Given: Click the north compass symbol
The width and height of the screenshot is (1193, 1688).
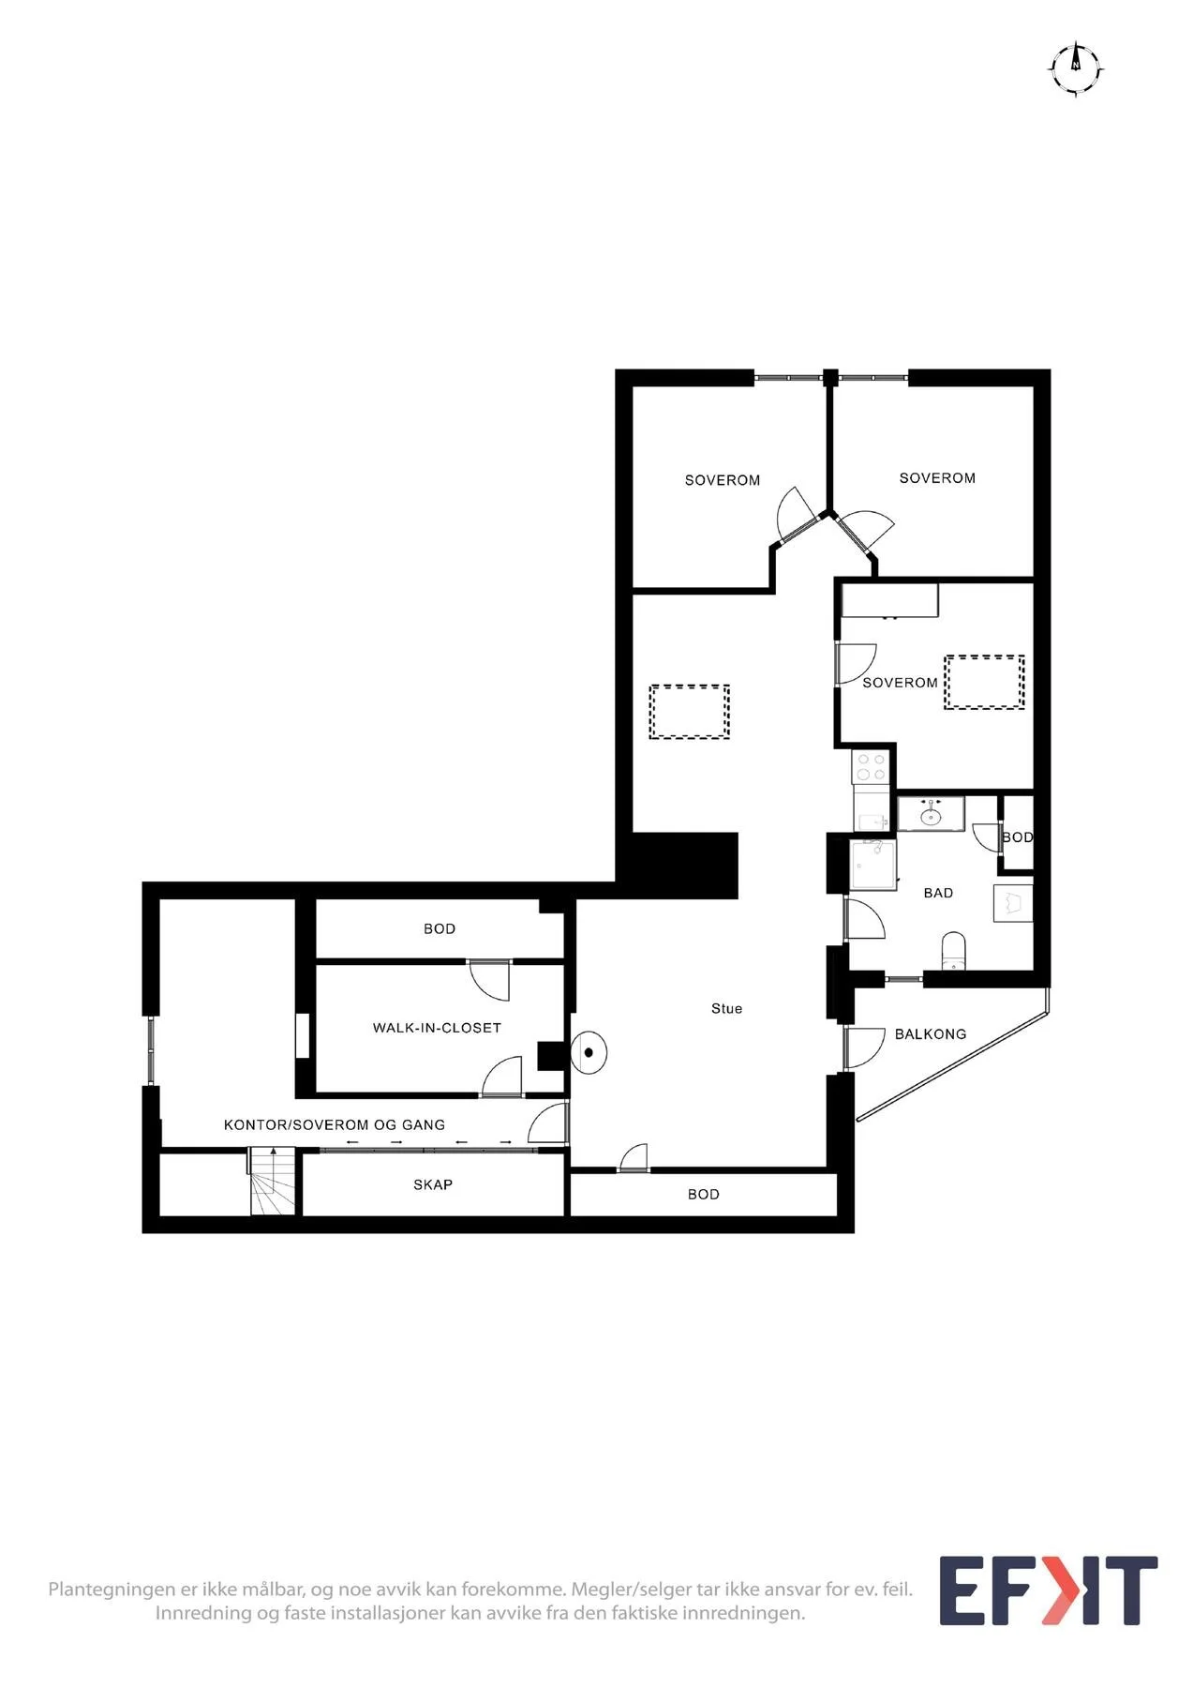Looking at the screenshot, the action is pyautogui.click(x=1076, y=69).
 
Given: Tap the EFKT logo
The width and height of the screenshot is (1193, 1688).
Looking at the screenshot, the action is pyautogui.click(x=1049, y=1590).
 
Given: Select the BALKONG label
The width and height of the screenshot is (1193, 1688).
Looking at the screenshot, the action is pyautogui.click(x=930, y=1033).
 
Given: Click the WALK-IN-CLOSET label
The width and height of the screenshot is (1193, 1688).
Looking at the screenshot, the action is pyautogui.click(x=437, y=1028).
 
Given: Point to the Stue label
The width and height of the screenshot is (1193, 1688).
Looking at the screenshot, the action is pyautogui.click(x=726, y=1008).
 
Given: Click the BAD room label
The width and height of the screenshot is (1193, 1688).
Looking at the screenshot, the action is pyautogui.click(x=938, y=893).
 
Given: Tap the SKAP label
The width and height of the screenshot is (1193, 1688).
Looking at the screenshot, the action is pyautogui.click(x=433, y=1184).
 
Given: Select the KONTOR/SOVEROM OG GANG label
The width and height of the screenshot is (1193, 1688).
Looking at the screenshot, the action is pyautogui.click(x=335, y=1124).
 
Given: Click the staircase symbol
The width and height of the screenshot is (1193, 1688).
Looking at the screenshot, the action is pyautogui.click(x=273, y=1182).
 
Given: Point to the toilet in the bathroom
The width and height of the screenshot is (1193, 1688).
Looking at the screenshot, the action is pyautogui.click(x=953, y=950).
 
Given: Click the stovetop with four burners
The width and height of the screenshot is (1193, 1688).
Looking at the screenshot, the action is pyautogui.click(x=871, y=767).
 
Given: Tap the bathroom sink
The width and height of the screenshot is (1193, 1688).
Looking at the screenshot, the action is pyautogui.click(x=931, y=814).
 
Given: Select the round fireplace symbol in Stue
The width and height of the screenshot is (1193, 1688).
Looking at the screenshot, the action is pyautogui.click(x=589, y=1052).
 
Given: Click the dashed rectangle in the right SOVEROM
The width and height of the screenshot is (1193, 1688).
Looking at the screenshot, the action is pyautogui.click(x=984, y=682).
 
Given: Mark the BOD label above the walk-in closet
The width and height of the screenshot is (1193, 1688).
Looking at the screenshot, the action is pyautogui.click(x=440, y=928).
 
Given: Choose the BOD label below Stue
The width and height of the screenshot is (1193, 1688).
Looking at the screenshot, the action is pyautogui.click(x=704, y=1194).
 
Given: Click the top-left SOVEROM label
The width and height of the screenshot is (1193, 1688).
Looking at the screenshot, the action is pyautogui.click(x=723, y=480).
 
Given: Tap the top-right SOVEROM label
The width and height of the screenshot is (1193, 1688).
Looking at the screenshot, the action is pyautogui.click(x=937, y=478).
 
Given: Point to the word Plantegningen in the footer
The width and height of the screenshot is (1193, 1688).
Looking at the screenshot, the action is pyautogui.click(x=112, y=1590).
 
